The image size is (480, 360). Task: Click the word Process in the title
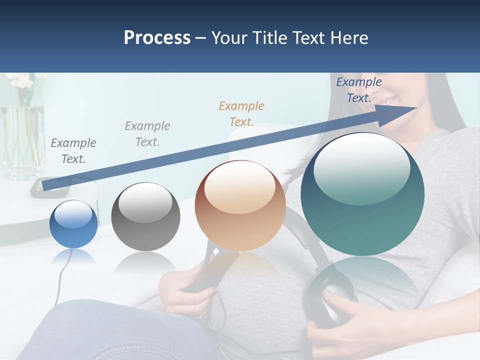pyautogui.click(x=157, y=38)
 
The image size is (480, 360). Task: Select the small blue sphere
pyautogui.click(x=73, y=224)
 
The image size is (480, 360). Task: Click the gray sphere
pyautogui.click(x=145, y=216)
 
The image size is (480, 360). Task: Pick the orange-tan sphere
pyautogui.click(x=240, y=205)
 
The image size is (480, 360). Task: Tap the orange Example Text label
pyautogui.click(x=241, y=113)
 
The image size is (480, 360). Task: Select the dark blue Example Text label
pyautogui.click(x=358, y=90)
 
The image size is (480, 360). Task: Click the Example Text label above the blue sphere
pyautogui.click(x=73, y=150)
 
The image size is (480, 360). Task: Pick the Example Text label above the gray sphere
pyautogui.click(x=147, y=133)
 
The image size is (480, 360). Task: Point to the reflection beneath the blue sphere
pyautogui.click(x=73, y=257)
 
